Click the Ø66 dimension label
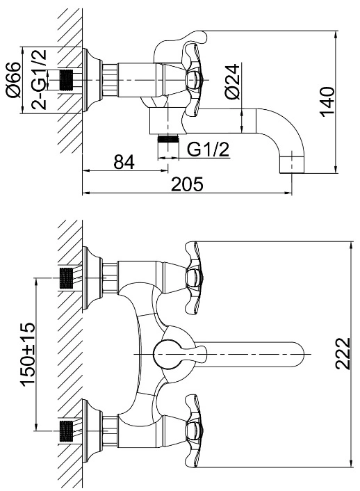tap(14, 79)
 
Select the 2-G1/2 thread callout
tap(39, 79)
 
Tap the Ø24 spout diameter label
tap(233, 81)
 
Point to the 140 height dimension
tap(327, 102)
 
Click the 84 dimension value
tap(124, 161)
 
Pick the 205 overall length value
tap(187, 184)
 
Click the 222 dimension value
tap(343, 353)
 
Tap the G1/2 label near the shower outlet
tap(208, 150)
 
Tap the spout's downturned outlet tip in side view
tap(291, 163)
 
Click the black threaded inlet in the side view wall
tap(66, 81)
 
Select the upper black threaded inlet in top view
tap(66, 277)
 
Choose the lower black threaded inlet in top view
tap(66, 431)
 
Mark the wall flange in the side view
tap(92, 80)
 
